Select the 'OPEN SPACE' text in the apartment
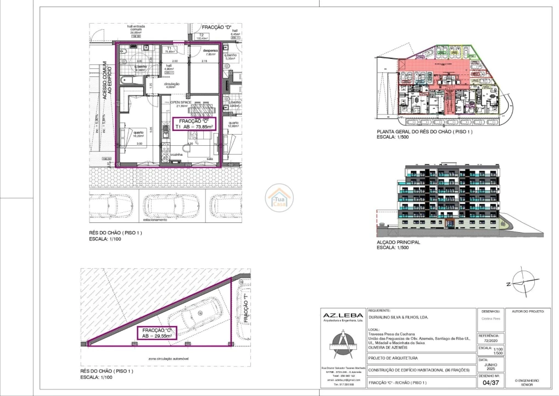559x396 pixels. click(181, 103)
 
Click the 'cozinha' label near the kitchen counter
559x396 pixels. click(176, 155)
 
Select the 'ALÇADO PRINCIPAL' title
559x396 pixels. click(398, 242)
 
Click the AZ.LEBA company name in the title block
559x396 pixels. click(342, 315)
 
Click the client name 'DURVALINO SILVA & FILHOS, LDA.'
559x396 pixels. click(398, 317)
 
